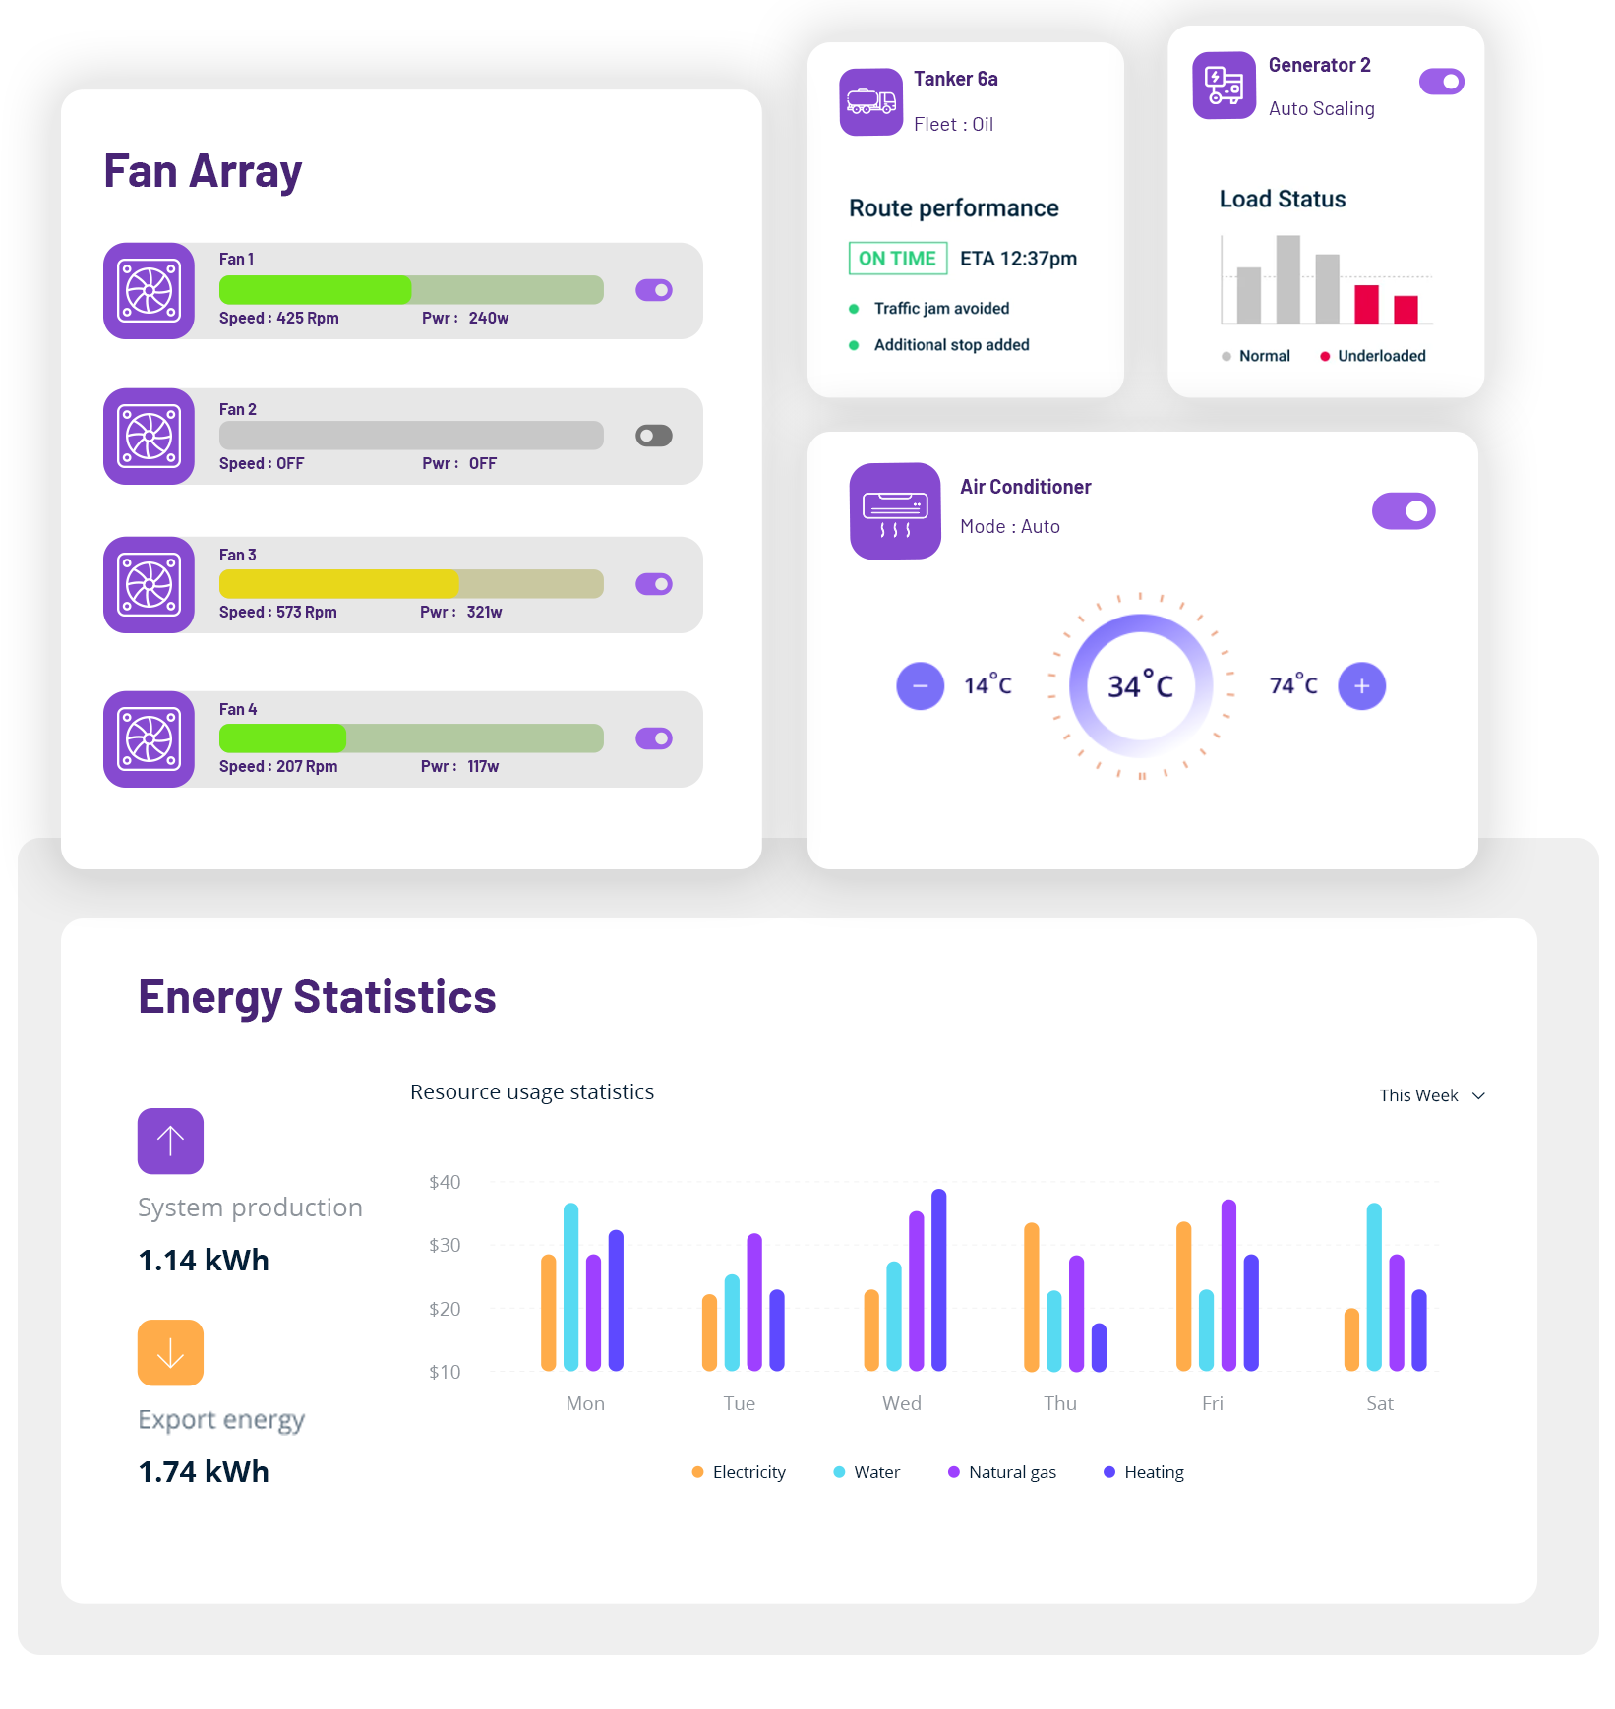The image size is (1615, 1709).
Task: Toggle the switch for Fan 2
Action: [x=654, y=436]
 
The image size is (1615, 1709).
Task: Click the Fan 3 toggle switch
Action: [x=654, y=584]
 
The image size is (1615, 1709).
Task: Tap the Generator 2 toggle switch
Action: [x=1441, y=82]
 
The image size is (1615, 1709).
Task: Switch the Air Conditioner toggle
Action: [x=1404, y=511]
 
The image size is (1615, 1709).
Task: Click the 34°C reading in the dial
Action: [x=1141, y=685]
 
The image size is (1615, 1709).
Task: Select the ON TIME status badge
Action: [x=897, y=259]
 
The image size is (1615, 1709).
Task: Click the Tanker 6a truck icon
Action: [x=871, y=102]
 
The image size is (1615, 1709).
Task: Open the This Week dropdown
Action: [x=1431, y=1095]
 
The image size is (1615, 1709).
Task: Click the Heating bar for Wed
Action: [x=939, y=1279]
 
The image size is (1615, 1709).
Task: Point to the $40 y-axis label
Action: [x=445, y=1182]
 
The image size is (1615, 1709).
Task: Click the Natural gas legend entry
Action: [x=1002, y=1472]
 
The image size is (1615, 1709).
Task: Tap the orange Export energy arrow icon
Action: [x=170, y=1353]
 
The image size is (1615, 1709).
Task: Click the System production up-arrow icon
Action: [x=170, y=1142]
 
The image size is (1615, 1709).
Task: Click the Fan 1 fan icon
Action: [x=150, y=291]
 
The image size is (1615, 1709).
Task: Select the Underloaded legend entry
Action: [x=1373, y=356]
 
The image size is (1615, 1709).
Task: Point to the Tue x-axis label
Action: [x=740, y=1403]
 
